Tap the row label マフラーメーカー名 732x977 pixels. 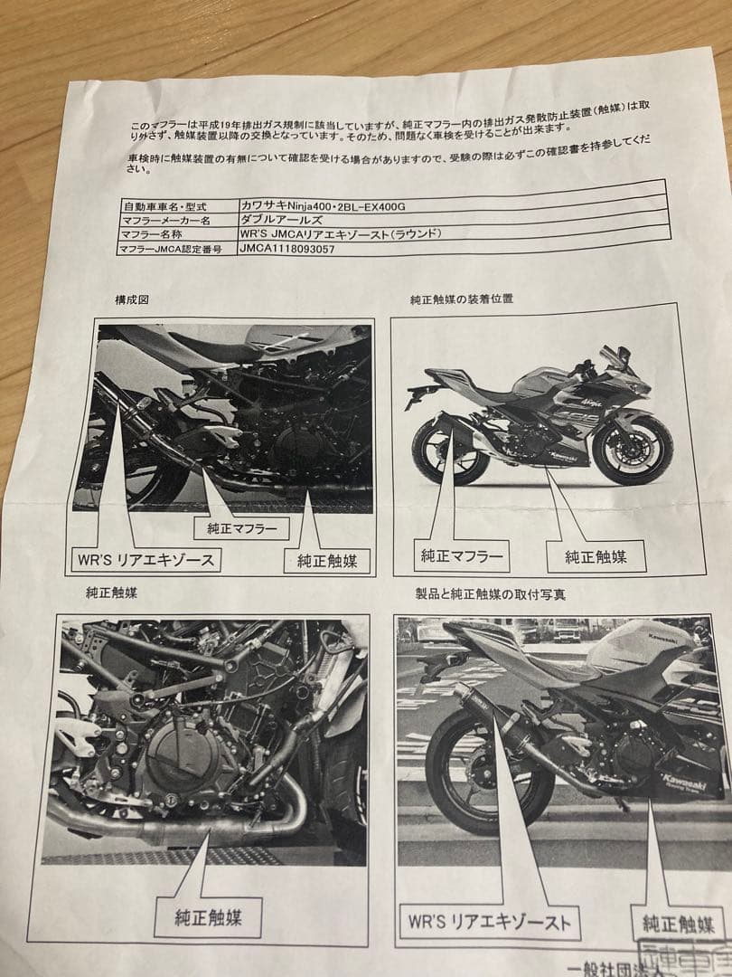(168, 220)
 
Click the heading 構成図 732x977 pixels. (132, 299)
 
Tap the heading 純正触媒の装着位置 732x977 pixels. (461, 299)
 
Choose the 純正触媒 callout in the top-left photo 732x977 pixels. (327, 561)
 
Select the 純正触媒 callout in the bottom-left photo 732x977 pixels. (207, 917)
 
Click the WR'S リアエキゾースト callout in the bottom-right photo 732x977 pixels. (489, 923)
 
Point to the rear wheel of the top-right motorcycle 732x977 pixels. (446, 451)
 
